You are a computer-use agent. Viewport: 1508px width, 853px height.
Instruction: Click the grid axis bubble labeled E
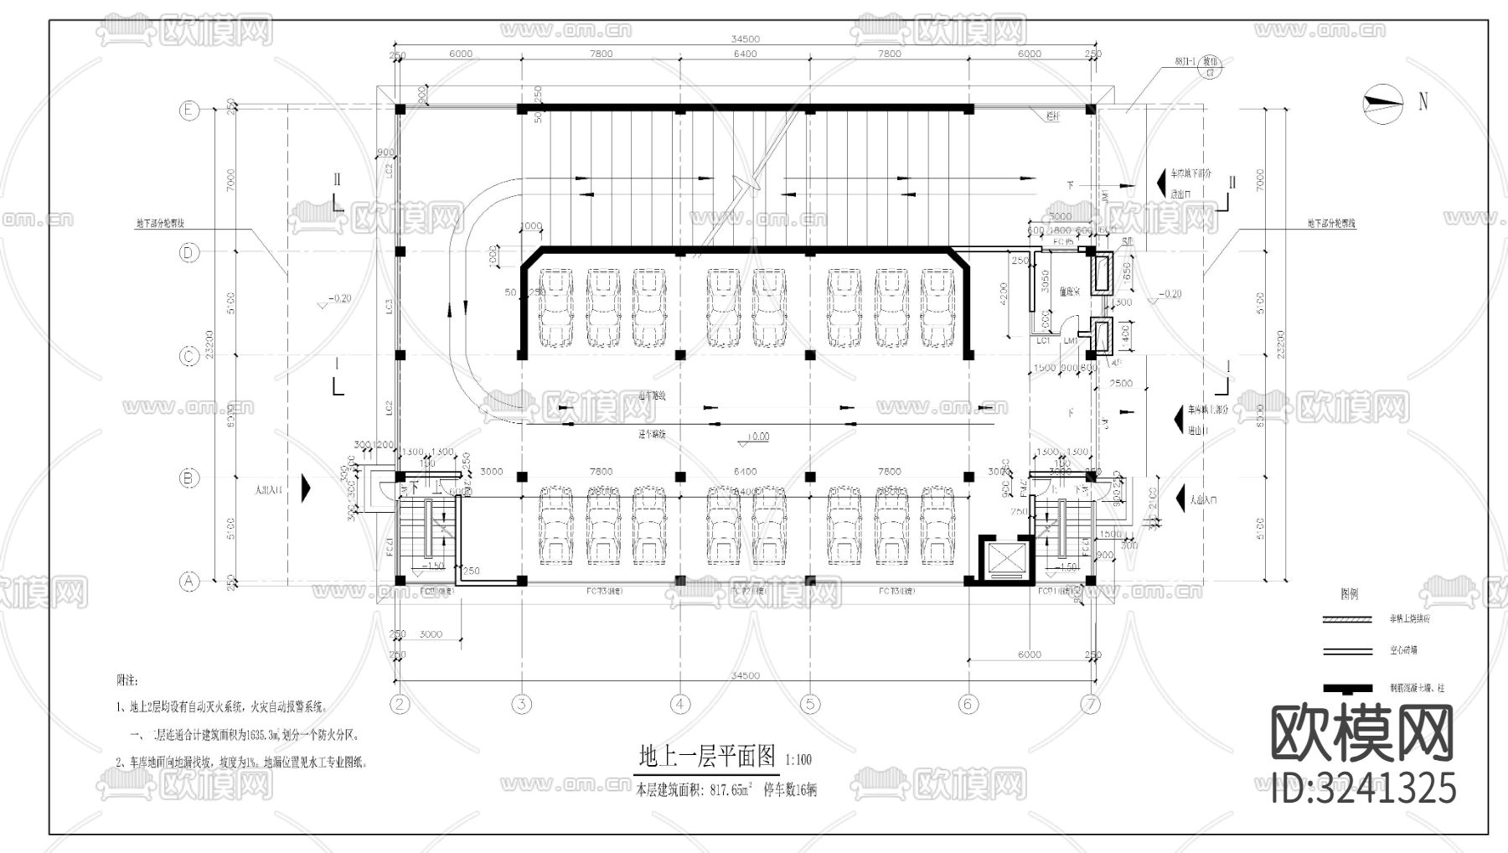point(189,110)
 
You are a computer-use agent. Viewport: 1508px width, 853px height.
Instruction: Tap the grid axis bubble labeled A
point(189,581)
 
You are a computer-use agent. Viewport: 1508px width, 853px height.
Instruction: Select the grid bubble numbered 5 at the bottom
point(809,704)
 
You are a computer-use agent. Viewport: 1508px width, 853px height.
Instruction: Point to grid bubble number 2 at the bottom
point(400,704)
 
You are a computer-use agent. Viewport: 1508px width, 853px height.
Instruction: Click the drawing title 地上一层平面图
point(709,757)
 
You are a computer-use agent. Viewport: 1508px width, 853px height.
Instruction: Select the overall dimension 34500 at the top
point(745,39)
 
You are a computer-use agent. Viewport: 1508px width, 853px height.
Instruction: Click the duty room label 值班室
point(1070,291)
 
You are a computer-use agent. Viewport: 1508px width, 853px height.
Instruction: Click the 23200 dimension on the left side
point(209,344)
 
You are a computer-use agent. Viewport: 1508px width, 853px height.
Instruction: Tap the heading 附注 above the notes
point(127,680)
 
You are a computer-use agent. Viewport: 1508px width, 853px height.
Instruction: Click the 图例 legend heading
point(1349,594)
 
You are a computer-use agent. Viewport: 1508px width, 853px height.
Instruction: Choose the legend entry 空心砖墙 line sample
point(1346,650)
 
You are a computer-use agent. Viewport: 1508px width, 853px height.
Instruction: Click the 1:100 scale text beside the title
point(798,761)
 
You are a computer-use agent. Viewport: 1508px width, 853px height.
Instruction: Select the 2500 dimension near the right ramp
point(1120,383)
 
